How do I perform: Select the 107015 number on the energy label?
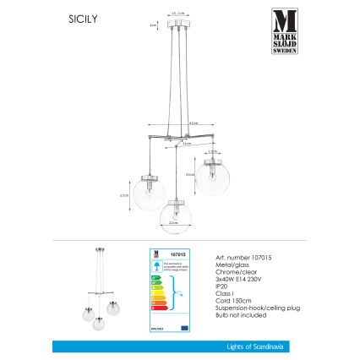pyautogui.click(x=178, y=254)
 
